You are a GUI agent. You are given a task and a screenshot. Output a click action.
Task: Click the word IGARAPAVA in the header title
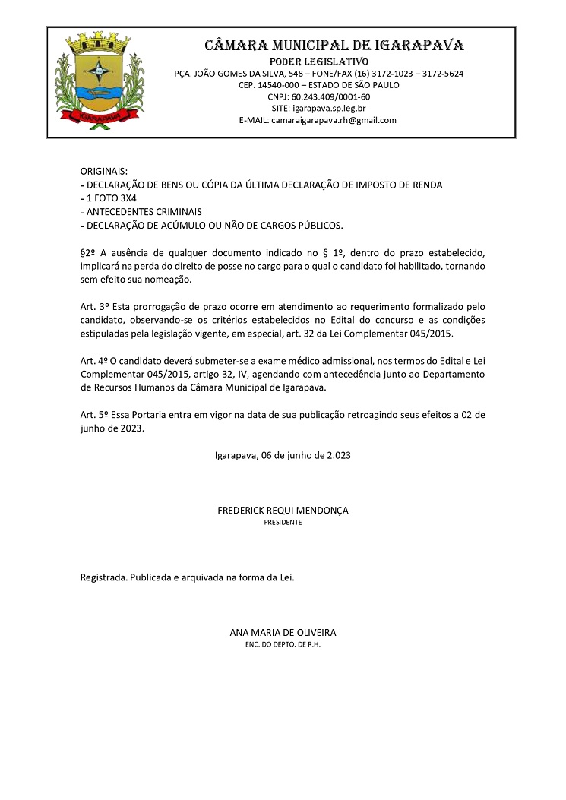tap(416, 45)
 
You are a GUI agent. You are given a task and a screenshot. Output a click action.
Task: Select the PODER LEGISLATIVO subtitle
tap(319, 61)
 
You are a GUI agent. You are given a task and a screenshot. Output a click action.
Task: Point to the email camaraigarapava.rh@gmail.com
tap(334, 120)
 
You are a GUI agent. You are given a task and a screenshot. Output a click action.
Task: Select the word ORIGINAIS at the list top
tap(104, 172)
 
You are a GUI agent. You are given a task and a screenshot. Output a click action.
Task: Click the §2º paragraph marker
tap(88, 251)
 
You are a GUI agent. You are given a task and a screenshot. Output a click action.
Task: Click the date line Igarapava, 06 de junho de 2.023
tap(283, 456)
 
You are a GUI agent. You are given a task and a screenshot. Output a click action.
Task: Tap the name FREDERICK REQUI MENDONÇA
tap(283, 511)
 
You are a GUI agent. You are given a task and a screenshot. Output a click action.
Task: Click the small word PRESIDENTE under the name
tap(283, 523)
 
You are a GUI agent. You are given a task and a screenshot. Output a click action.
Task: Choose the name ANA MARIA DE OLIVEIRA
tap(283, 632)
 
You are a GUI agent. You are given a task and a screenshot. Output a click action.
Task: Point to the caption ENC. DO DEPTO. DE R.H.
tap(283, 644)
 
